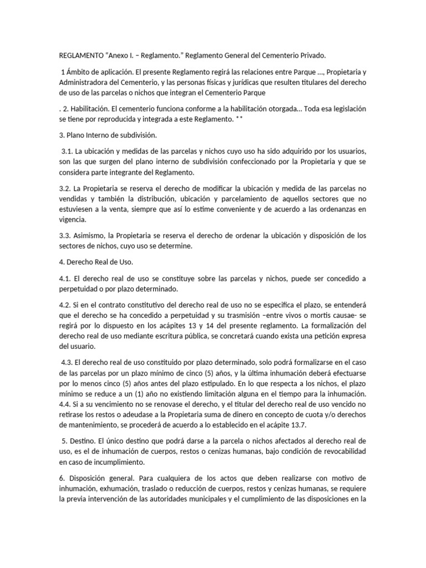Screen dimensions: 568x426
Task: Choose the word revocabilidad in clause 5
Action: (342, 452)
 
